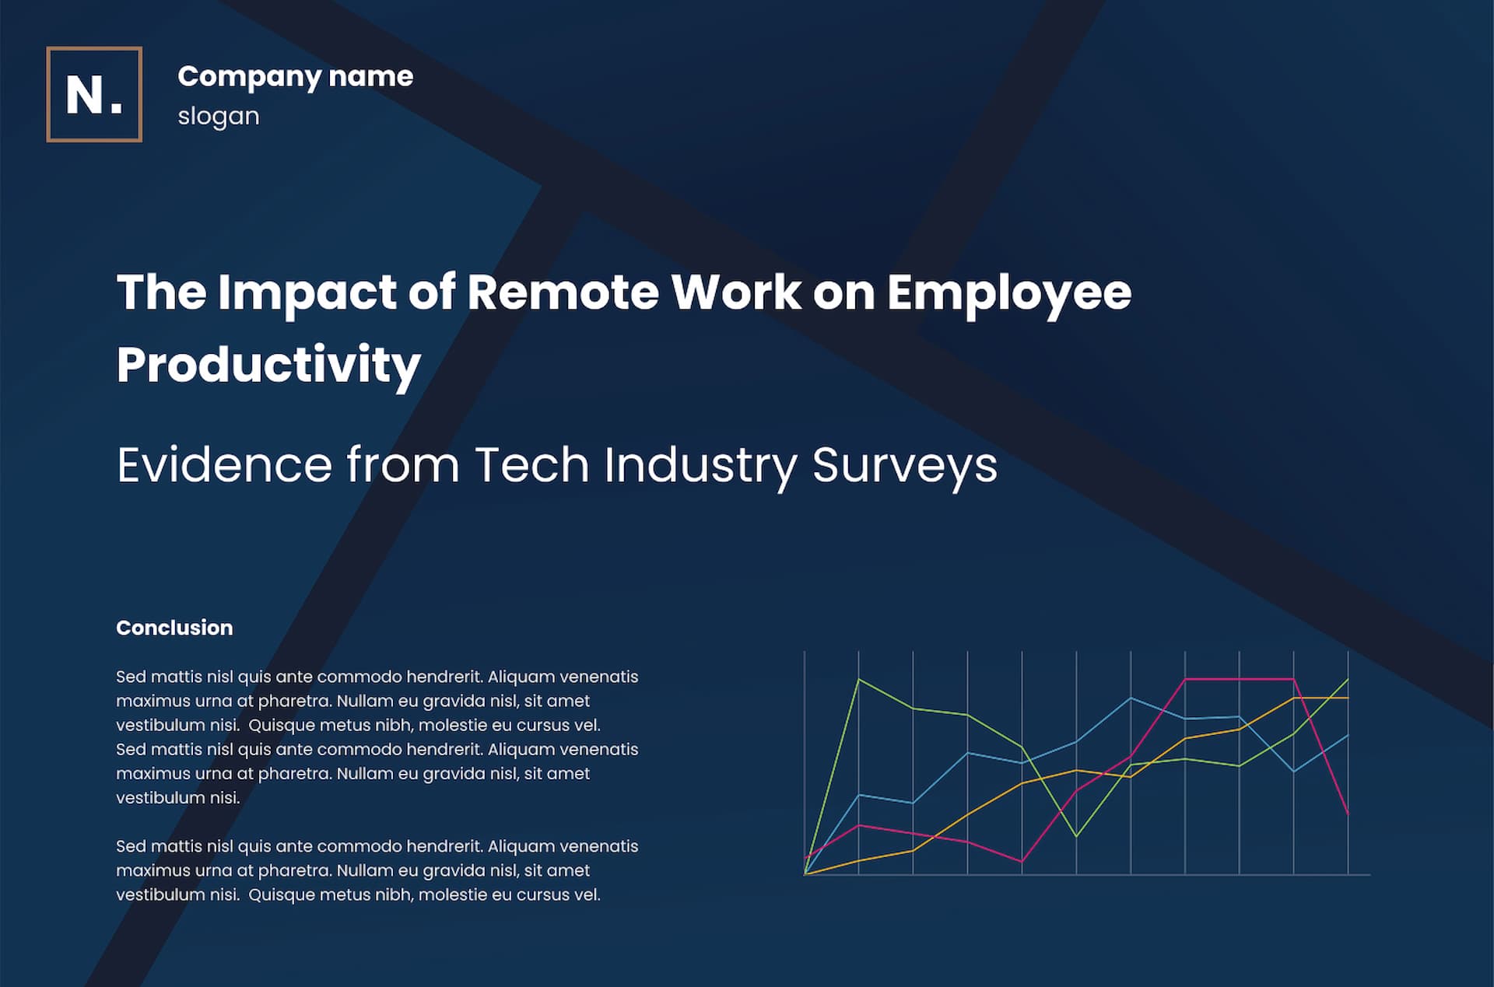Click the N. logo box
tap(94, 94)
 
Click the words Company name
tap(295, 77)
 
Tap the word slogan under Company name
tap(219, 116)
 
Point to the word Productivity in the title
tap(268, 366)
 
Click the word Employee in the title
tap(1009, 294)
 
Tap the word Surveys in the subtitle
tap(904, 467)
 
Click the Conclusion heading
tap(174, 628)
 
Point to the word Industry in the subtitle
tap(700, 467)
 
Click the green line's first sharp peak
tap(858, 680)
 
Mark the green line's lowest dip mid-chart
tap(1076, 836)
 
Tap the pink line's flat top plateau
tap(1240, 679)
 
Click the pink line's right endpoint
tap(1348, 814)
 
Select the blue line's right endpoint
tap(1348, 735)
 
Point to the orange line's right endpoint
tap(1348, 698)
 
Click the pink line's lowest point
tap(1022, 861)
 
